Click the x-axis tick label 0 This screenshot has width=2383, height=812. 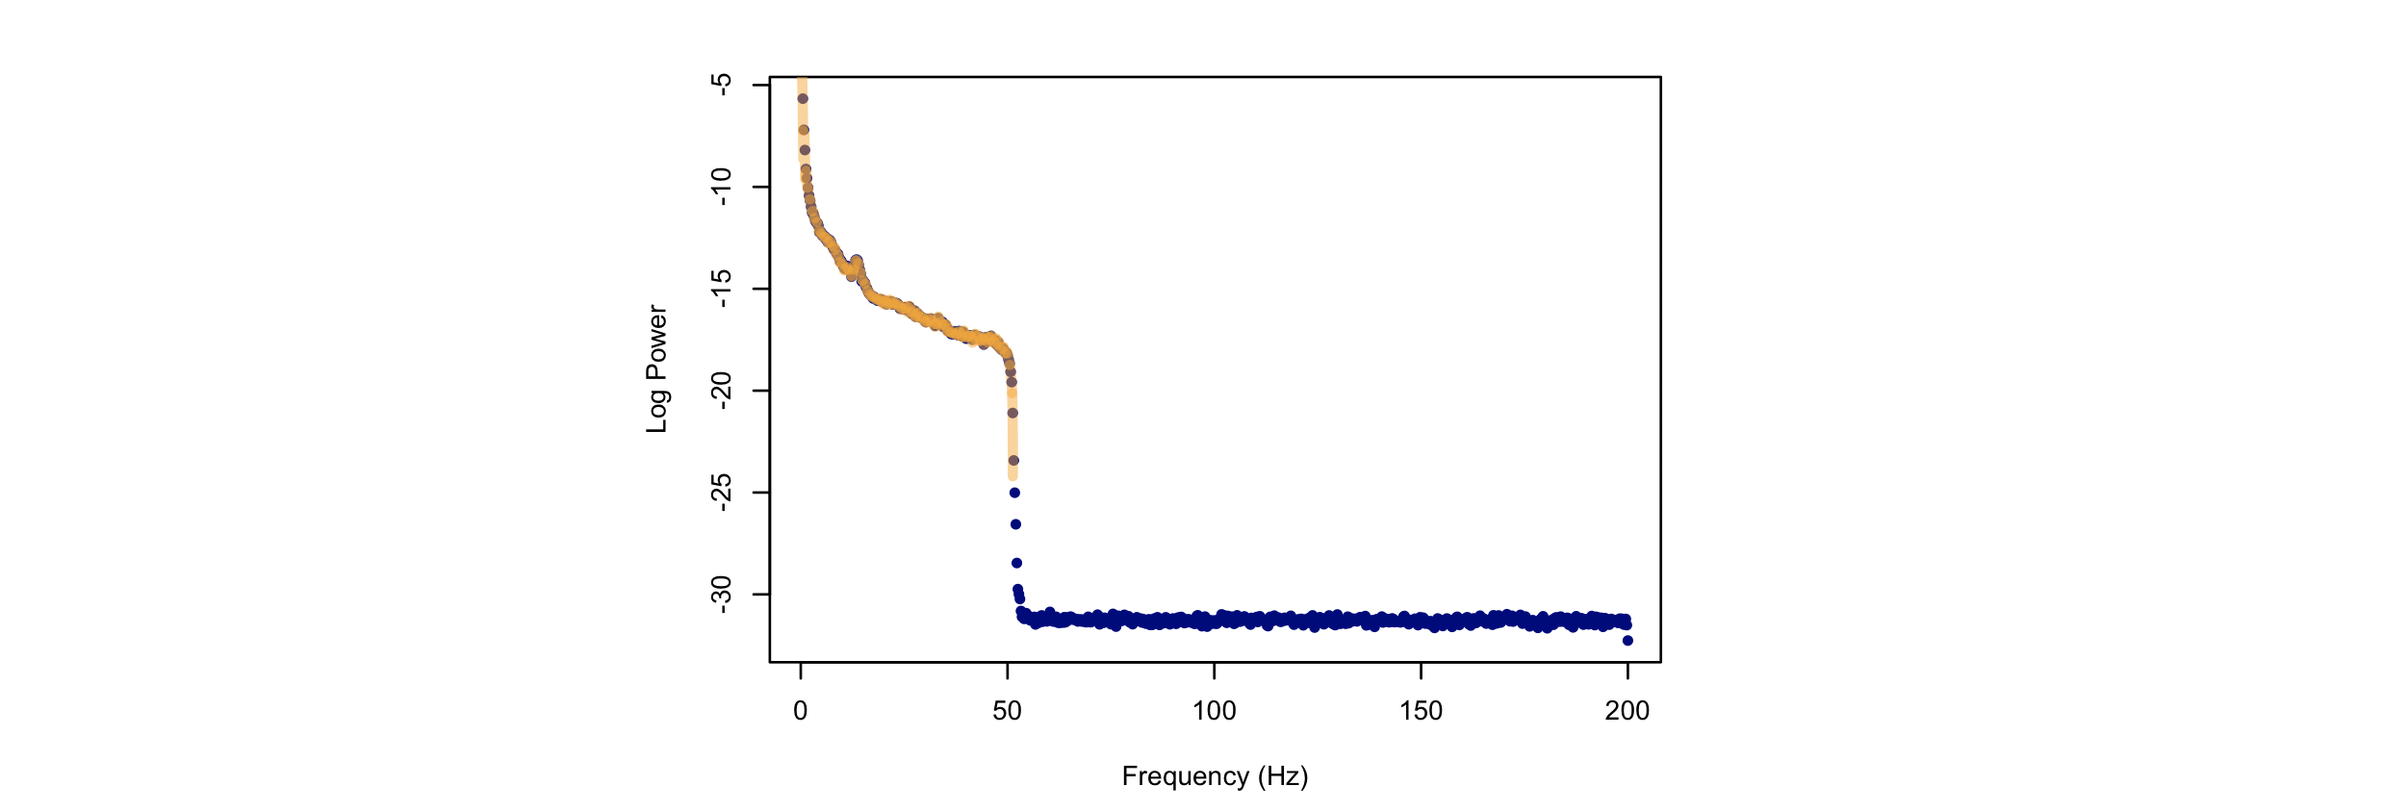pyautogui.click(x=800, y=711)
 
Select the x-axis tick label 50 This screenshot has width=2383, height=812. pyautogui.click(x=1007, y=711)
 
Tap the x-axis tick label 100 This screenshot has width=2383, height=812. pyautogui.click(x=1214, y=711)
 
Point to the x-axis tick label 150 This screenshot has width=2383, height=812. pyautogui.click(x=1421, y=711)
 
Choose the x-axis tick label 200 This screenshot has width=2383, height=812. pyautogui.click(x=1627, y=711)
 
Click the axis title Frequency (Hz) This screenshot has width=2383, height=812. pyautogui.click(x=1215, y=776)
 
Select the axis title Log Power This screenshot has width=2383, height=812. pyautogui.click(x=656, y=369)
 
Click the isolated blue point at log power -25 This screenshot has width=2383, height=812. pyautogui.click(x=1014, y=493)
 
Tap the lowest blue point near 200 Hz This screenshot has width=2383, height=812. pyautogui.click(x=1627, y=641)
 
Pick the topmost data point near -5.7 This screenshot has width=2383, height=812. pyautogui.click(x=803, y=98)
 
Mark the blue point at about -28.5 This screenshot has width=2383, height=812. pyautogui.click(x=1016, y=563)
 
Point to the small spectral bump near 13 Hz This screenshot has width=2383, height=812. pyautogui.click(x=857, y=262)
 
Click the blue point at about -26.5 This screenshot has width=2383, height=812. pyautogui.click(x=1015, y=524)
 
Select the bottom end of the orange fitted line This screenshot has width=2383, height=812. pyautogui.click(x=1012, y=475)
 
